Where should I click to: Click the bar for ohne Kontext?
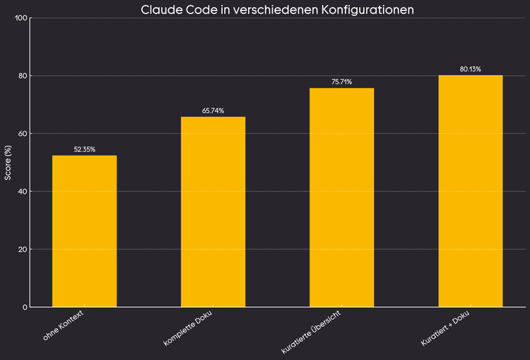84,231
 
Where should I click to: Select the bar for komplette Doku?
213,212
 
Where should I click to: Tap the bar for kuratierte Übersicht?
341,197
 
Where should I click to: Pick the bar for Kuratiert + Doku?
470,191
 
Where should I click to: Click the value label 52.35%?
84,149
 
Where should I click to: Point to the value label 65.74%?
213,111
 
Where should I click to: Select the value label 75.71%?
341,82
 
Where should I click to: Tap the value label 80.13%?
470,69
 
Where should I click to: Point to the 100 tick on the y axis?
21,18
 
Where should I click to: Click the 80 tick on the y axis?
23,76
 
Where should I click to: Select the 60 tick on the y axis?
23,134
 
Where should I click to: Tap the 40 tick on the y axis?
23,192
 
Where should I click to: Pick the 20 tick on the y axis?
23,250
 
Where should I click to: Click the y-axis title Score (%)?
8,163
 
